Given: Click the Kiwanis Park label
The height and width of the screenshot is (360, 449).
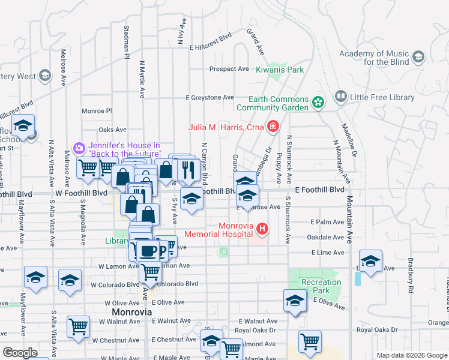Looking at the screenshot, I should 280,70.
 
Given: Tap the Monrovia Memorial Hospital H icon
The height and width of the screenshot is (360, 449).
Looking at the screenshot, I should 262,229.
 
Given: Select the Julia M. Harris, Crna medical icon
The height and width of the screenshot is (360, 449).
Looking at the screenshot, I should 273,126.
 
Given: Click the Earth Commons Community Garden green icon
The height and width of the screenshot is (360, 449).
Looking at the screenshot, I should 318,103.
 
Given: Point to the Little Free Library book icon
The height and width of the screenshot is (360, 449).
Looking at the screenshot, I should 341,97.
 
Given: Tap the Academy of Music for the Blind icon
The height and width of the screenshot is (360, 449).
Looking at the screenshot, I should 418,57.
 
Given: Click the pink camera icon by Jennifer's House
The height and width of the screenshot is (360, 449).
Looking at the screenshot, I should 79,148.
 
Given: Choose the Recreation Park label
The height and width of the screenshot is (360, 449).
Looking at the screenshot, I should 321,286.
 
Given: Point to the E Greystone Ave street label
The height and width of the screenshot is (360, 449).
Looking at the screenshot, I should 209,97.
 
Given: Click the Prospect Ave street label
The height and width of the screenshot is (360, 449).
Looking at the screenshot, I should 229,69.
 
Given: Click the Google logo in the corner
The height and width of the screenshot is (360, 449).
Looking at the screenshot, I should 20,353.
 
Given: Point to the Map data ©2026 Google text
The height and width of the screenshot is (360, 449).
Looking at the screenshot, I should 412,355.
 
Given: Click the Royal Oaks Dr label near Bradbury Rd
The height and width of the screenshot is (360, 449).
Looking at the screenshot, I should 376,330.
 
